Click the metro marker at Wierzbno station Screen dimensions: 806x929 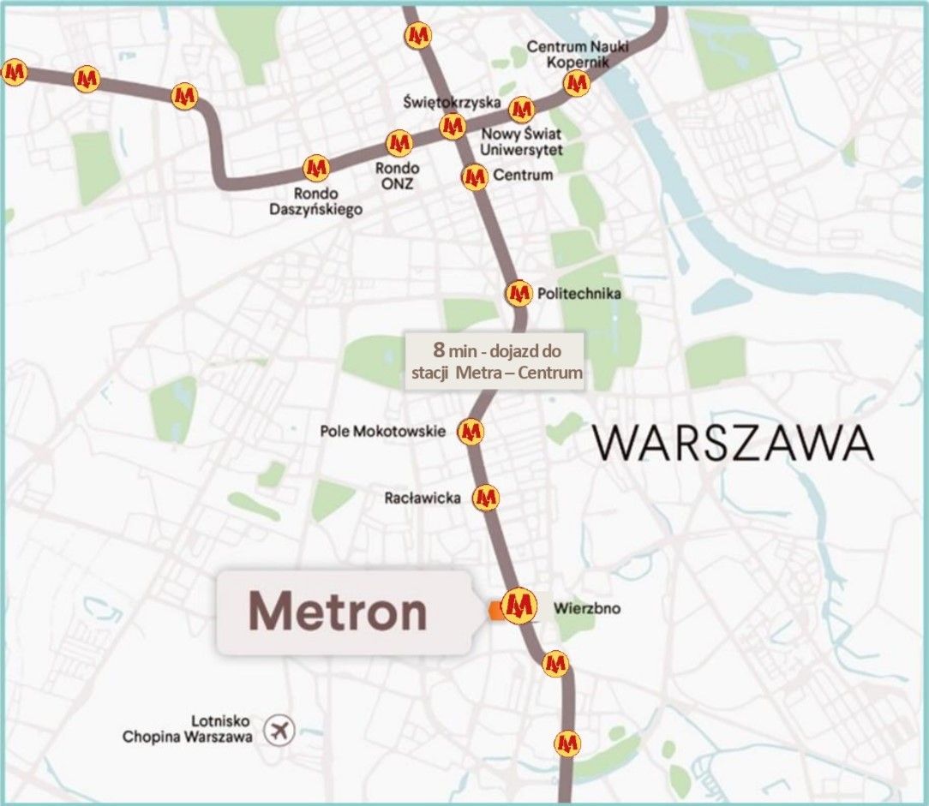pyautogui.click(x=518, y=606)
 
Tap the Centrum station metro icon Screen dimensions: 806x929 pyautogui.click(x=474, y=177)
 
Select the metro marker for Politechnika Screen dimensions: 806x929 pyautogui.click(x=518, y=293)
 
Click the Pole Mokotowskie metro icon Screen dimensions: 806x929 pyautogui.click(x=470, y=431)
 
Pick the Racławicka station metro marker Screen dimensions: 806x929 pyautogui.click(x=486, y=497)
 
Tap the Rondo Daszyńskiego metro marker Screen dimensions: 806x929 pyautogui.click(x=316, y=167)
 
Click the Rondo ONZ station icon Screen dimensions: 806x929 pyautogui.click(x=399, y=142)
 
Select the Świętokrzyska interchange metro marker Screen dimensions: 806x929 pyautogui.click(x=453, y=126)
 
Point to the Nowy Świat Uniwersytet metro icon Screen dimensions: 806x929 pyautogui.click(x=521, y=110)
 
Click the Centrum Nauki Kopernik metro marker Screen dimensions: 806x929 pyautogui.click(x=577, y=83)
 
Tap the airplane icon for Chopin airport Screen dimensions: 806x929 pyautogui.click(x=278, y=731)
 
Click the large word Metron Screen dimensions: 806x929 pyautogui.click(x=338, y=612)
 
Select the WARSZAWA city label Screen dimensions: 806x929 pyautogui.click(x=734, y=444)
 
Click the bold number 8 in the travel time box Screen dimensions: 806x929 pyautogui.click(x=439, y=350)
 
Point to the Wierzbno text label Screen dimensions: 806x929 pyautogui.click(x=587, y=609)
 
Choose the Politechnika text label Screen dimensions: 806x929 pyautogui.click(x=578, y=294)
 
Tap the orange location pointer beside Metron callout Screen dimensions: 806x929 pyautogui.click(x=494, y=610)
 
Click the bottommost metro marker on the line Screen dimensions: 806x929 pyautogui.click(x=566, y=742)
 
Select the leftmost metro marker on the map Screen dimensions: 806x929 pyautogui.click(x=14, y=73)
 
